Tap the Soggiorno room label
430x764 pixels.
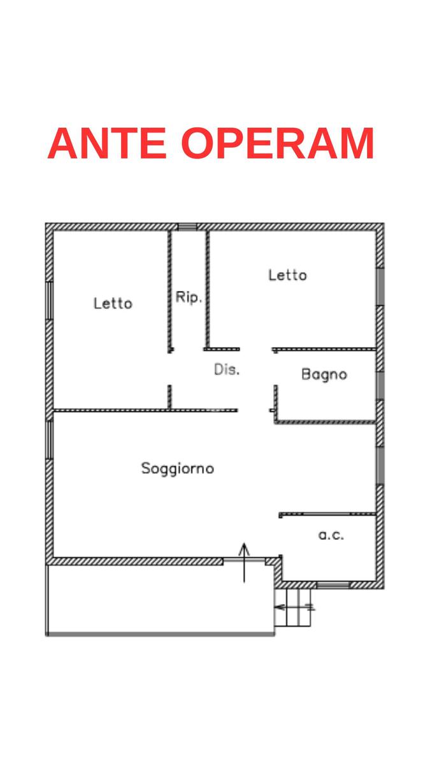(177, 469)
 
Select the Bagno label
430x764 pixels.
(324, 375)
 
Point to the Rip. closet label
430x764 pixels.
(189, 297)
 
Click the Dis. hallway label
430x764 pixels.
(227, 370)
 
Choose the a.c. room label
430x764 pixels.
(331, 535)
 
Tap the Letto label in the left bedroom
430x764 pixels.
(113, 304)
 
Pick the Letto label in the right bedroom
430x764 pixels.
(287, 275)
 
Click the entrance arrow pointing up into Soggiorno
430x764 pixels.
(245, 562)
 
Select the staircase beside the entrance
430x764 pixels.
(294, 607)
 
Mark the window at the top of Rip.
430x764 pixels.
(187, 227)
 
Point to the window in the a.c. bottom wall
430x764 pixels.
(333, 584)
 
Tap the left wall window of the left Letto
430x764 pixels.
(49, 299)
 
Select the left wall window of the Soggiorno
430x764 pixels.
(49, 439)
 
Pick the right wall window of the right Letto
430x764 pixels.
(380, 287)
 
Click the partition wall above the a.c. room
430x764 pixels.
(327, 513)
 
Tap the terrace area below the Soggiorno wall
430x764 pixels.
(159, 598)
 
